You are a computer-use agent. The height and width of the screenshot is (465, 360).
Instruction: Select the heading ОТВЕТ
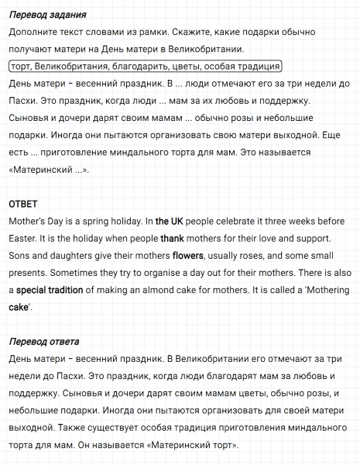(23, 204)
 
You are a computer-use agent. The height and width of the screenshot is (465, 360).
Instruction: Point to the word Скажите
(190, 33)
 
